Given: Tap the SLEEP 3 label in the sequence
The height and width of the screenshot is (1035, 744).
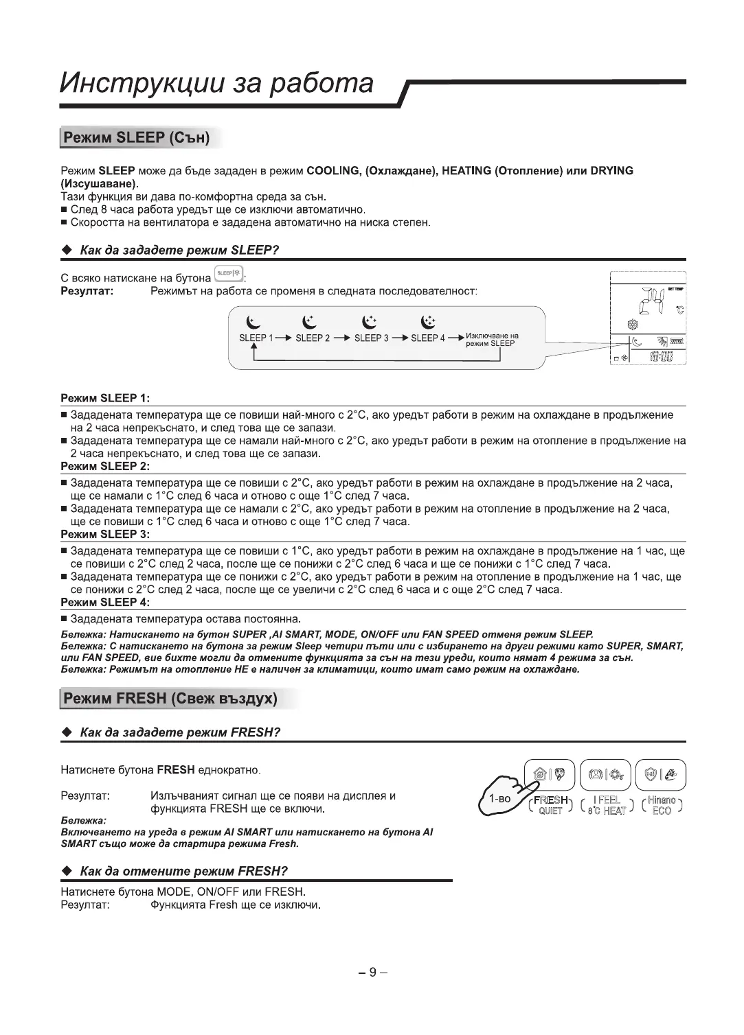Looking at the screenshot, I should [x=372, y=338].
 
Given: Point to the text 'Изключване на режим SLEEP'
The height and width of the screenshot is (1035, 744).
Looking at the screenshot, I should [x=492, y=340].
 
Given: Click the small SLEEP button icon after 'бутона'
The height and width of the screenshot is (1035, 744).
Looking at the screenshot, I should [x=229, y=274].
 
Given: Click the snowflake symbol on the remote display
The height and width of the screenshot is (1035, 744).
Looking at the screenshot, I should [x=633, y=324].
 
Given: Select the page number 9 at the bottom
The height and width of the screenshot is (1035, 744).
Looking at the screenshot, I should [x=372, y=972].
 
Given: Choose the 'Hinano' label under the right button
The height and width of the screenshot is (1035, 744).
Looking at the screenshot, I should [x=662, y=800].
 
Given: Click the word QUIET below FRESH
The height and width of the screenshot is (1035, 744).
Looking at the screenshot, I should [x=550, y=811].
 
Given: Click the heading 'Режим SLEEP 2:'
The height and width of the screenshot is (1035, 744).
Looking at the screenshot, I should [x=105, y=467].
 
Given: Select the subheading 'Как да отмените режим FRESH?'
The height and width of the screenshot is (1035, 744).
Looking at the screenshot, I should [x=183, y=872].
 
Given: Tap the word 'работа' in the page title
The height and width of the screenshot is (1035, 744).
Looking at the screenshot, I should [x=321, y=84].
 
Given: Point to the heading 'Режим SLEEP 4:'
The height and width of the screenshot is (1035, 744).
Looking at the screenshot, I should [x=105, y=603].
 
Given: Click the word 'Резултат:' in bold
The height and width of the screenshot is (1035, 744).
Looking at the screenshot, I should [x=87, y=292].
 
